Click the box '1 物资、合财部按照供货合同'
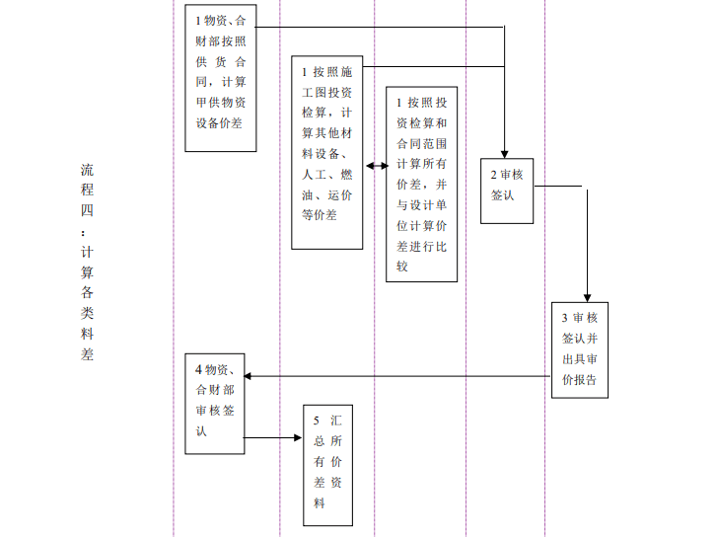point(221,78)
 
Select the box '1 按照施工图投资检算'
point(327,152)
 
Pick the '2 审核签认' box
point(507,191)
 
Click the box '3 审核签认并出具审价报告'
point(579,349)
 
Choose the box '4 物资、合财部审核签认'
point(215,403)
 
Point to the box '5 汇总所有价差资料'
point(327,463)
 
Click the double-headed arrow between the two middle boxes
point(376,167)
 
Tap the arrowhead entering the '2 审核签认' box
point(505,152)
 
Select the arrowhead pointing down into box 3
point(587,296)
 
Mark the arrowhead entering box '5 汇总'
point(299,437)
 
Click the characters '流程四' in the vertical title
point(88,189)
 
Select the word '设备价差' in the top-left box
point(219,123)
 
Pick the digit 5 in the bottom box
point(317,421)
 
